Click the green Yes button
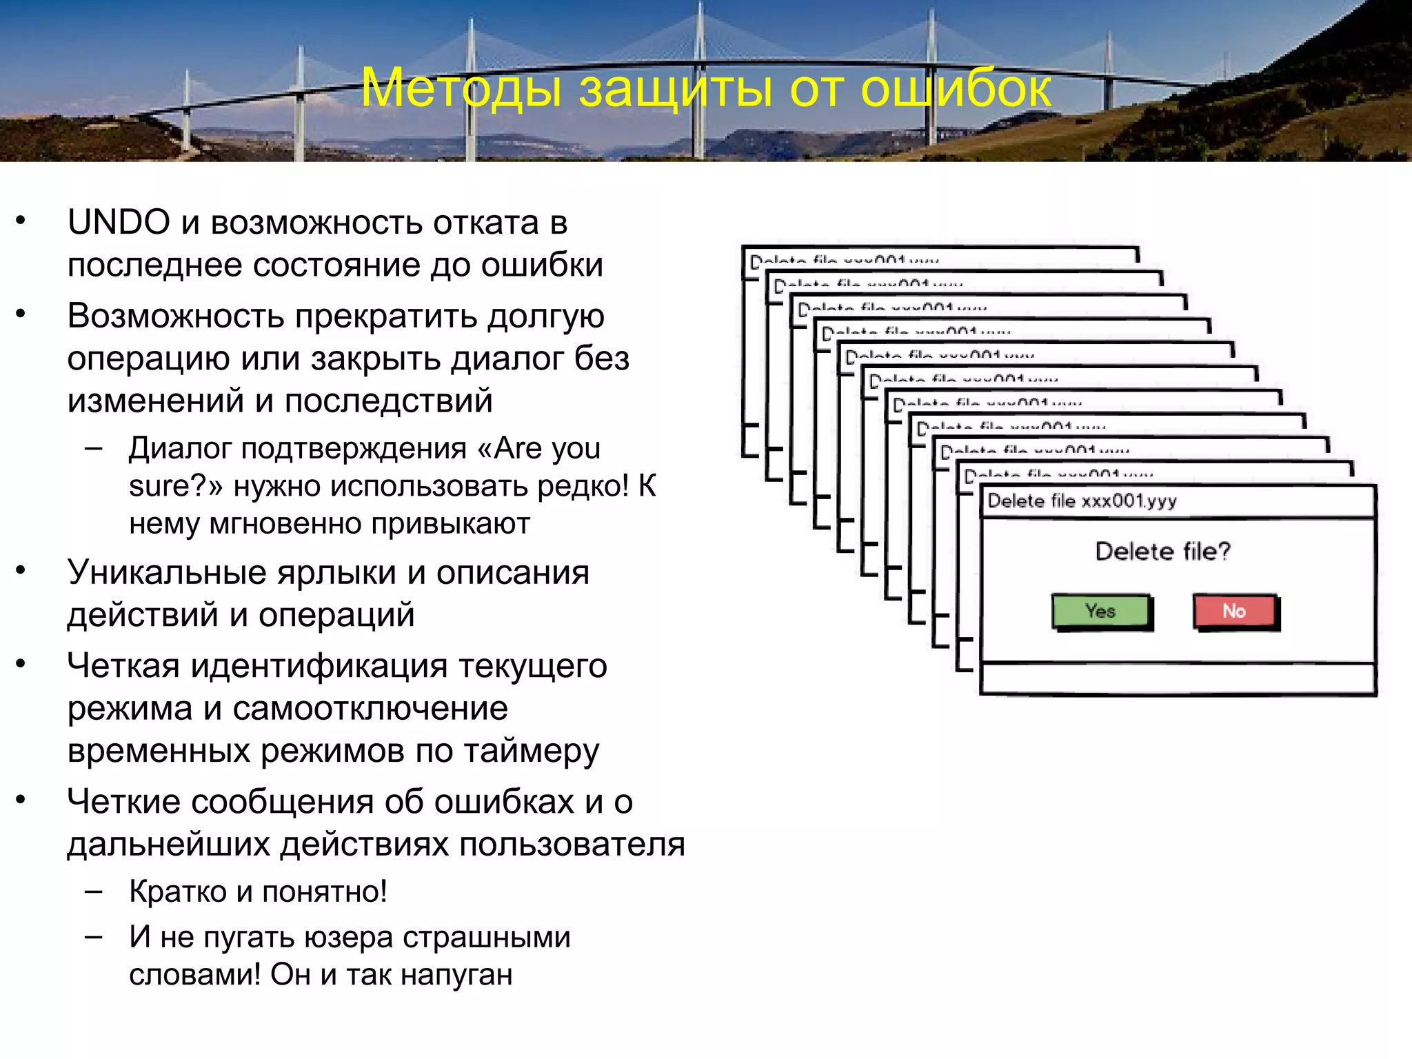tap(1101, 611)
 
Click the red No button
tap(1234, 611)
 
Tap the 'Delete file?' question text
tap(1162, 552)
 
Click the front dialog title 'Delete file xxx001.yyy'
tap(1082, 501)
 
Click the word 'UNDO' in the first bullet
tap(119, 223)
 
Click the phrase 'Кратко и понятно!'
tap(258, 892)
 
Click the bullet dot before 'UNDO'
tap(21, 221)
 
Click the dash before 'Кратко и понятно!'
tap(94, 891)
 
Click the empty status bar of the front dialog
tap(1178, 679)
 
